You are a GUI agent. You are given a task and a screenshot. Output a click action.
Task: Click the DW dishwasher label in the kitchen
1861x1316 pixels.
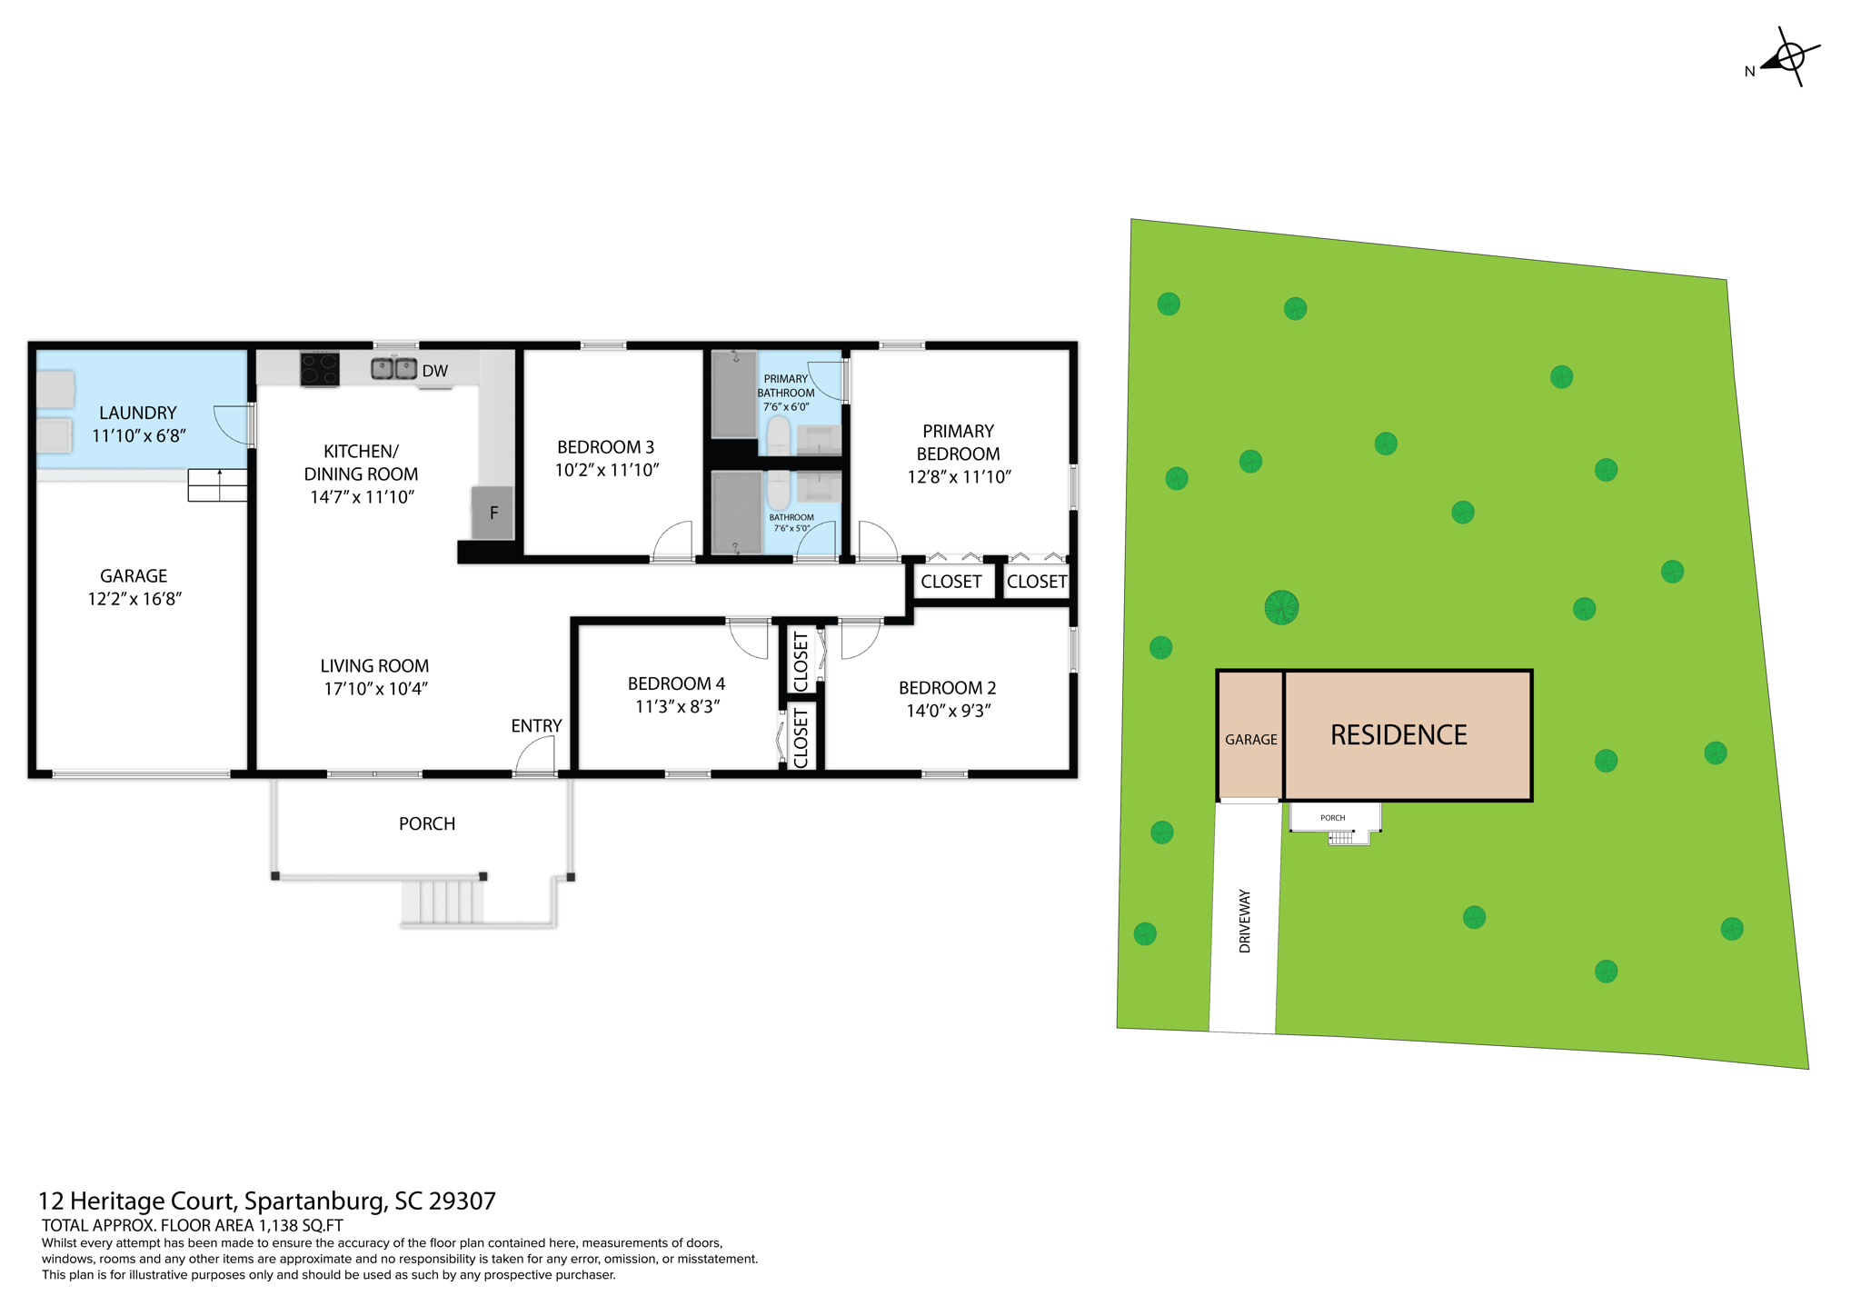[434, 371]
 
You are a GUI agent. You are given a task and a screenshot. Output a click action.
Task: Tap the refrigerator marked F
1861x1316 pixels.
[493, 513]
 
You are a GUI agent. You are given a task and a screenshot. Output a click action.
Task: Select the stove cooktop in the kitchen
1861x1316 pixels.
[320, 369]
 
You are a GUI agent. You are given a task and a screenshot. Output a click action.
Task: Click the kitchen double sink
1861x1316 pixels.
[393, 369]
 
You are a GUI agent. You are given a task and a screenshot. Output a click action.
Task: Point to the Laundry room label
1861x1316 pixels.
[138, 413]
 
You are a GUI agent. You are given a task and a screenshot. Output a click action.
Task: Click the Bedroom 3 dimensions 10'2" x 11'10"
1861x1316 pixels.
[606, 470]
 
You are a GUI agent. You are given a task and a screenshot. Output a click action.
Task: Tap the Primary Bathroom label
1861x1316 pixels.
[786, 386]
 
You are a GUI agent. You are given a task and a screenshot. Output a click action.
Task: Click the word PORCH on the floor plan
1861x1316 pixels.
[427, 823]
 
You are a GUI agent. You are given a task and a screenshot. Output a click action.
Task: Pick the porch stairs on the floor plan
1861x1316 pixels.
[443, 901]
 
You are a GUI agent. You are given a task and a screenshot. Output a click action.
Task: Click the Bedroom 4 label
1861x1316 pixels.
[676, 683]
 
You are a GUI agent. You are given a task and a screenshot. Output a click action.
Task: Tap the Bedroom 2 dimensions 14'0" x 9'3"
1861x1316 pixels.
[948, 711]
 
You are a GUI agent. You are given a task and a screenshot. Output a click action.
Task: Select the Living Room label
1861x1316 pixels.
[374, 666]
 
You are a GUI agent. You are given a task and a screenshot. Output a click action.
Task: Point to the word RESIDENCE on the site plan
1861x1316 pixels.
[1398, 735]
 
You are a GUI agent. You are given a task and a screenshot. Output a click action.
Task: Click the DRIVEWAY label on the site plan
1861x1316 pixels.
[1245, 921]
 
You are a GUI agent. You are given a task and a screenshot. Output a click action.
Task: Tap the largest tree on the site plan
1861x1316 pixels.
[1281, 607]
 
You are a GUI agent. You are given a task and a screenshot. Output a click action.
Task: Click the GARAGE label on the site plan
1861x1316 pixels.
[1250, 740]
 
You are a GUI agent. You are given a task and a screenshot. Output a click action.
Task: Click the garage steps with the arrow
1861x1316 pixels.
[218, 484]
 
